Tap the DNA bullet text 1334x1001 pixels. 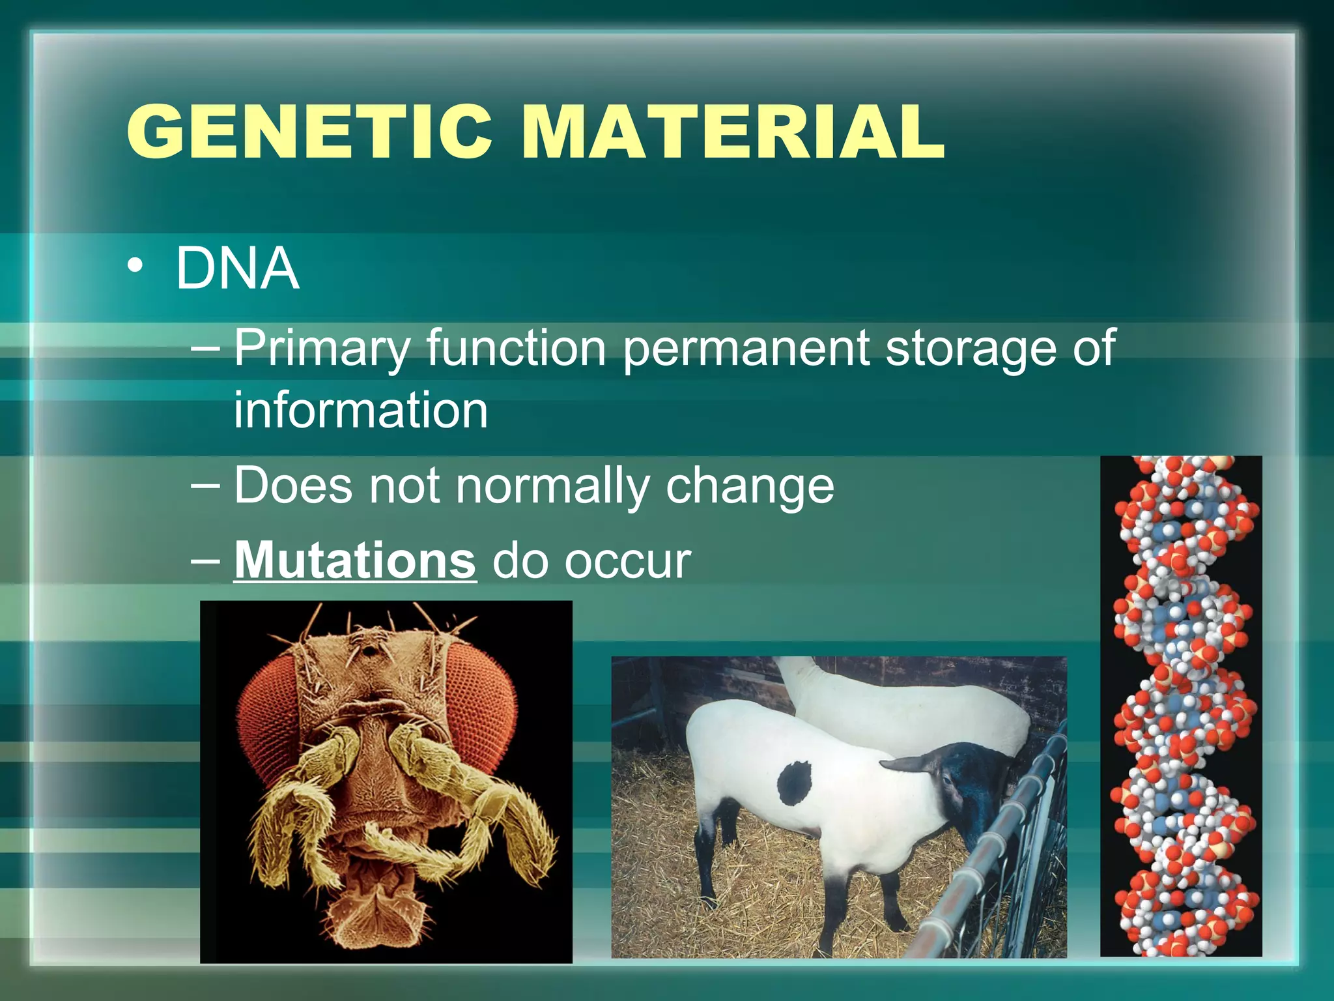point(237,268)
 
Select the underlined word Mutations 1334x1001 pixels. point(355,560)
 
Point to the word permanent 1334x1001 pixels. point(746,349)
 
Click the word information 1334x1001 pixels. point(361,410)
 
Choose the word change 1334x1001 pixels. point(750,486)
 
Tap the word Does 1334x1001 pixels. point(293,486)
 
